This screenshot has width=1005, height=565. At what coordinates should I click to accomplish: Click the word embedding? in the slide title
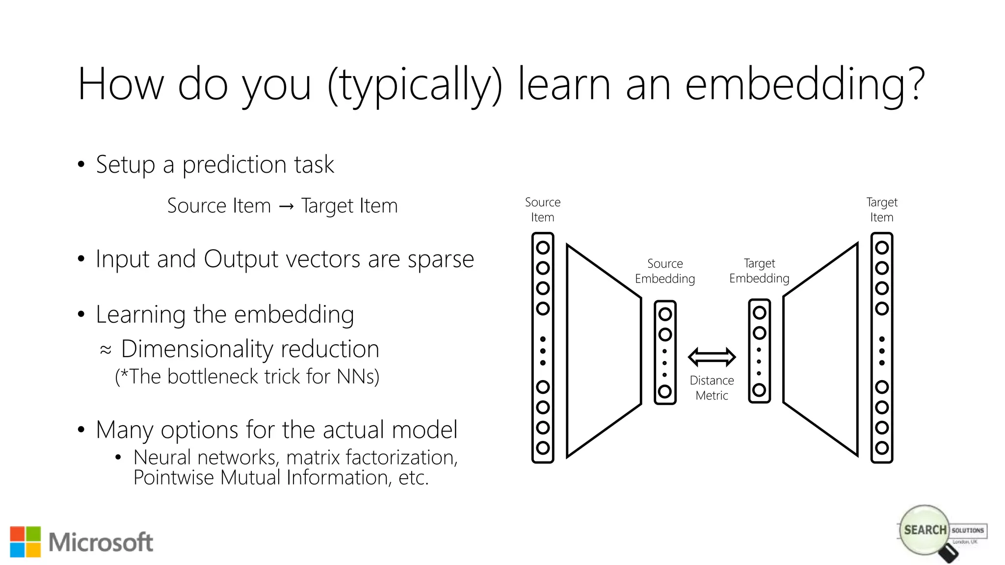(805, 86)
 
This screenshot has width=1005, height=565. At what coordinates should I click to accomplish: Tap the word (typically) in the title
(415, 86)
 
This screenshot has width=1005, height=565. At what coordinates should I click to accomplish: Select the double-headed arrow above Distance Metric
(712, 357)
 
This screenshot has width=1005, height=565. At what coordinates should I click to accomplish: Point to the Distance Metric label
(712, 388)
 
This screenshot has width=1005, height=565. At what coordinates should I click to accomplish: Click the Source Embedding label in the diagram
(665, 271)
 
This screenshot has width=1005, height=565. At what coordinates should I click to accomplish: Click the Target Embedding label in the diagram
(759, 271)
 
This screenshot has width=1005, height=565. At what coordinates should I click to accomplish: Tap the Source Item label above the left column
(542, 209)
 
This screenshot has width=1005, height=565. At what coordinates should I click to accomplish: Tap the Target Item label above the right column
(881, 209)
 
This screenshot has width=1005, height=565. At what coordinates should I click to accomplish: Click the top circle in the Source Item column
(543, 248)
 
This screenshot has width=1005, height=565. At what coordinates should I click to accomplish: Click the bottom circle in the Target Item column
(882, 447)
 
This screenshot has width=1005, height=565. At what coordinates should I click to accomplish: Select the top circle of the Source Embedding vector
(665, 314)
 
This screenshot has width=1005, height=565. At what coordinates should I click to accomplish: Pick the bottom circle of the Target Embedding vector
(759, 390)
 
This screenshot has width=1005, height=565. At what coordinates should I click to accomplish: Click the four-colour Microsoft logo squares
(26, 542)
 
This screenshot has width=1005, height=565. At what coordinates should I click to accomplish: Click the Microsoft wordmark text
(101, 542)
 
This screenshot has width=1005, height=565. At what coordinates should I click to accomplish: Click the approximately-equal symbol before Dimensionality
(106, 350)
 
